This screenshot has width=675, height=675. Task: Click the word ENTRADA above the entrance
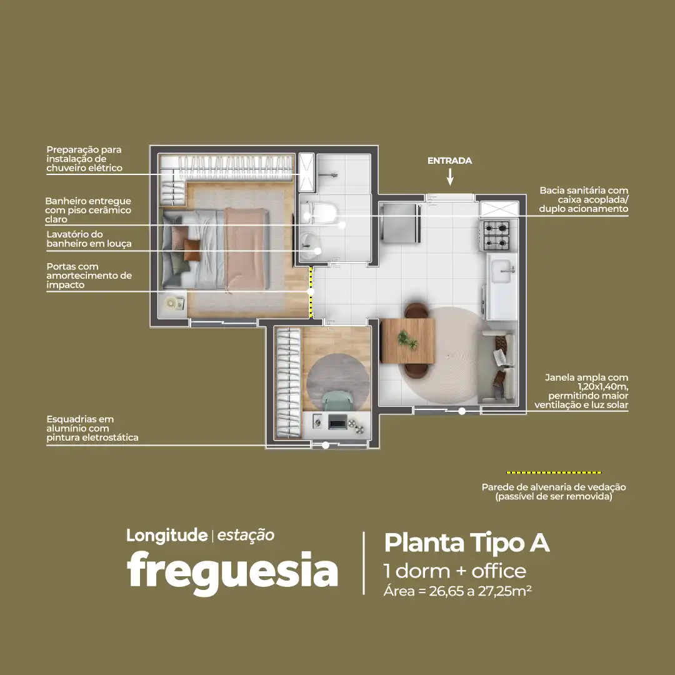tap(449, 161)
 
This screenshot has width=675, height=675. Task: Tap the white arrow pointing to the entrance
tap(450, 176)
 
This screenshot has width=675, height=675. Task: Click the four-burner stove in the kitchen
tap(496, 235)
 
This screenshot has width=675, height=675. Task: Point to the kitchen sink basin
tap(502, 271)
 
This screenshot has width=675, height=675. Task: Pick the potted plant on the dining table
tap(407, 339)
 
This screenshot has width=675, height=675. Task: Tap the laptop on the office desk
tap(337, 421)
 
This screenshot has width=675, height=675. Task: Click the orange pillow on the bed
tap(192, 250)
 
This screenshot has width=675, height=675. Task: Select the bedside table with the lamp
tap(173, 304)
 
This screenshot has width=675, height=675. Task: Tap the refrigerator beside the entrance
tap(401, 223)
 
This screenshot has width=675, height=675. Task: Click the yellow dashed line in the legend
tap(554, 472)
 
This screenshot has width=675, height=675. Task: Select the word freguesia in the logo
tap(232, 571)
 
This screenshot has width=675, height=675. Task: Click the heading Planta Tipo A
tap(467, 542)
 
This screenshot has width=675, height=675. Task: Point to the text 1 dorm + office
tap(455, 571)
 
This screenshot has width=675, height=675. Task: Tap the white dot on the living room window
tap(462, 411)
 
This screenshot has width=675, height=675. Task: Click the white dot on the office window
tap(326, 446)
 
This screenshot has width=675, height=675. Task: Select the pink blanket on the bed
tap(245, 248)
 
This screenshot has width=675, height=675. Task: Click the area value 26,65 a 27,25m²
tap(480, 591)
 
